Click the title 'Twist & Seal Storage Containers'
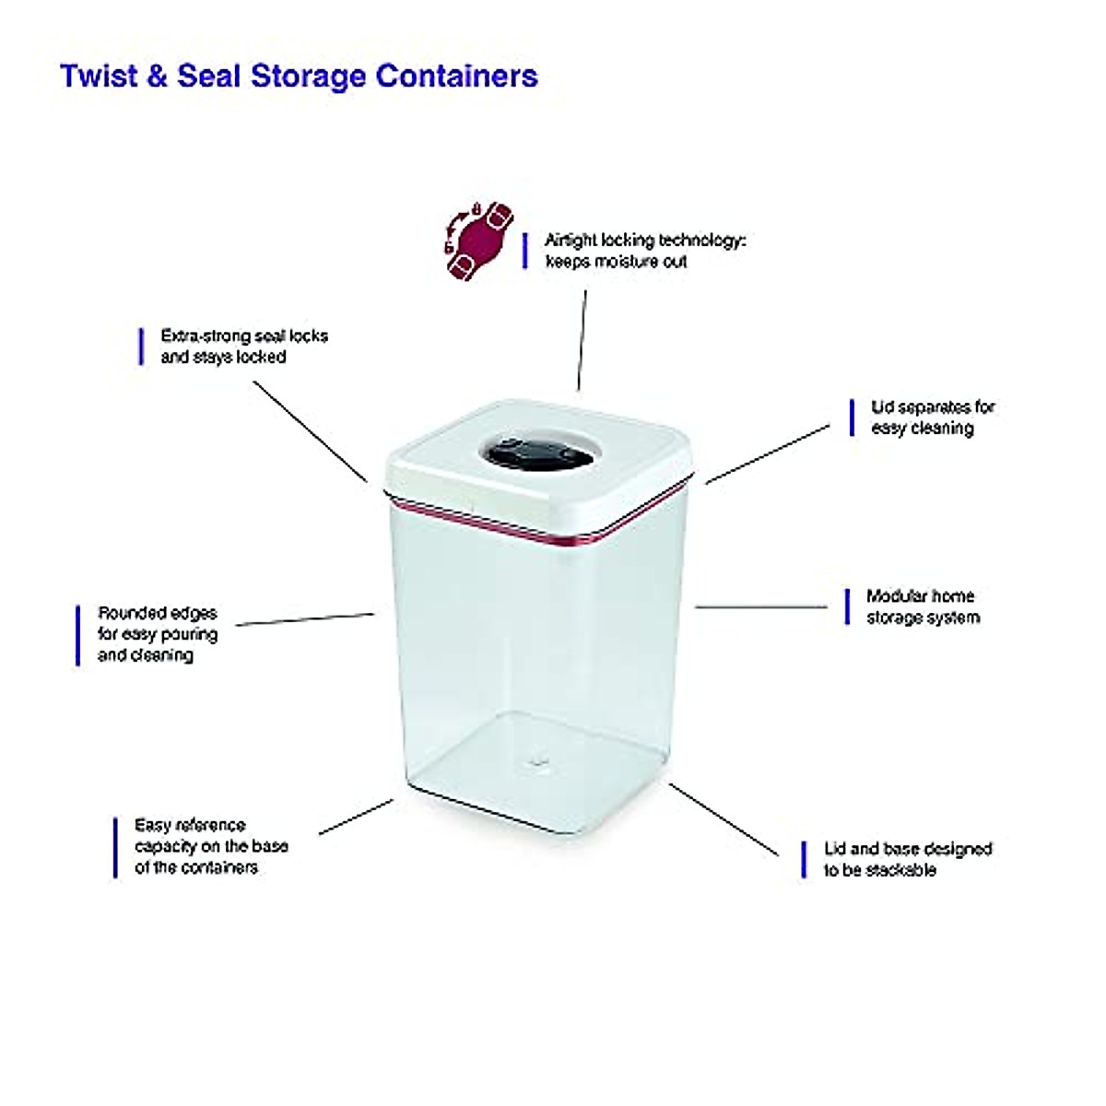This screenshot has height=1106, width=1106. tap(299, 76)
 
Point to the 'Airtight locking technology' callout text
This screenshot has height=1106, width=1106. tap(644, 251)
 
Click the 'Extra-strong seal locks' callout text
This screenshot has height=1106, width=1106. tap(244, 347)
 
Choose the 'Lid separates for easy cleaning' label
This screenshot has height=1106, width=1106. tap(933, 418)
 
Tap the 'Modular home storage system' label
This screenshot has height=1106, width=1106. tap(922, 607)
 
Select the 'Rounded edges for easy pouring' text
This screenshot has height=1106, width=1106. tap(158, 634)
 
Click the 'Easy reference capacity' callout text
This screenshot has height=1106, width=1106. tap(211, 846)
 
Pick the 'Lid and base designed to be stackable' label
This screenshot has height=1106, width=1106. tap(907, 859)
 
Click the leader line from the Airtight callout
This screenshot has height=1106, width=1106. tap(582, 341)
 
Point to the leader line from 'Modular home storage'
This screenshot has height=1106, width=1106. tap(761, 607)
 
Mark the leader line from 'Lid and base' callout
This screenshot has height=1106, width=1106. tap(724, 819)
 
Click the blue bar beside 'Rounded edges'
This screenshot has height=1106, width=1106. tap(77, 634)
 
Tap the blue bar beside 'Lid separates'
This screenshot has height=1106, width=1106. tap(852, 418)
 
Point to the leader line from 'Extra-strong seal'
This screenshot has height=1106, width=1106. tap(310, 430)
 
